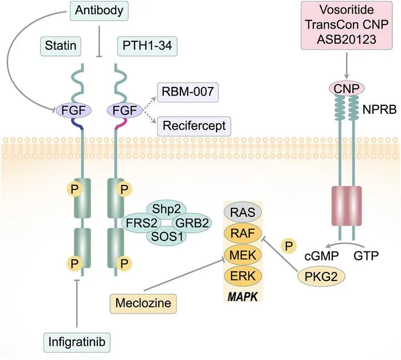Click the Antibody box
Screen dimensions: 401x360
(99, 10)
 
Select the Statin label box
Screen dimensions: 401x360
(61, 46)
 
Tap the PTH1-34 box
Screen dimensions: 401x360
(147, 46)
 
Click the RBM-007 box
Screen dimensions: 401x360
(188, 92)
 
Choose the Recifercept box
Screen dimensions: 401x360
(194, 126)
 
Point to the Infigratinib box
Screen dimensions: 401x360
(77, 342)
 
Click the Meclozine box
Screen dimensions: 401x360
(143, 303)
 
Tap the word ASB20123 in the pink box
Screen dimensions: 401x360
(347, 39)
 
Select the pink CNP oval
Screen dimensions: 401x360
(346, 89)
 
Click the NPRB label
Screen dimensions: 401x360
(379, 110)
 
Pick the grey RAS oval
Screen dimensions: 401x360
(243, 212)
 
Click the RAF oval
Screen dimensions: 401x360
(243, 234)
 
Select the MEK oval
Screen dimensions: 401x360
(243, 255)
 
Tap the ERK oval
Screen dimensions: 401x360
(243, 276)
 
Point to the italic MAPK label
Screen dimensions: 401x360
(243, 297)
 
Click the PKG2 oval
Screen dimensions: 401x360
(321, 276)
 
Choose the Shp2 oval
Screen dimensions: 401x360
(166, 209)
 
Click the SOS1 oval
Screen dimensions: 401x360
(166, 237)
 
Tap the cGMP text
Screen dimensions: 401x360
(322, 256)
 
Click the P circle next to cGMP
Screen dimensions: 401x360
(289, 246)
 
